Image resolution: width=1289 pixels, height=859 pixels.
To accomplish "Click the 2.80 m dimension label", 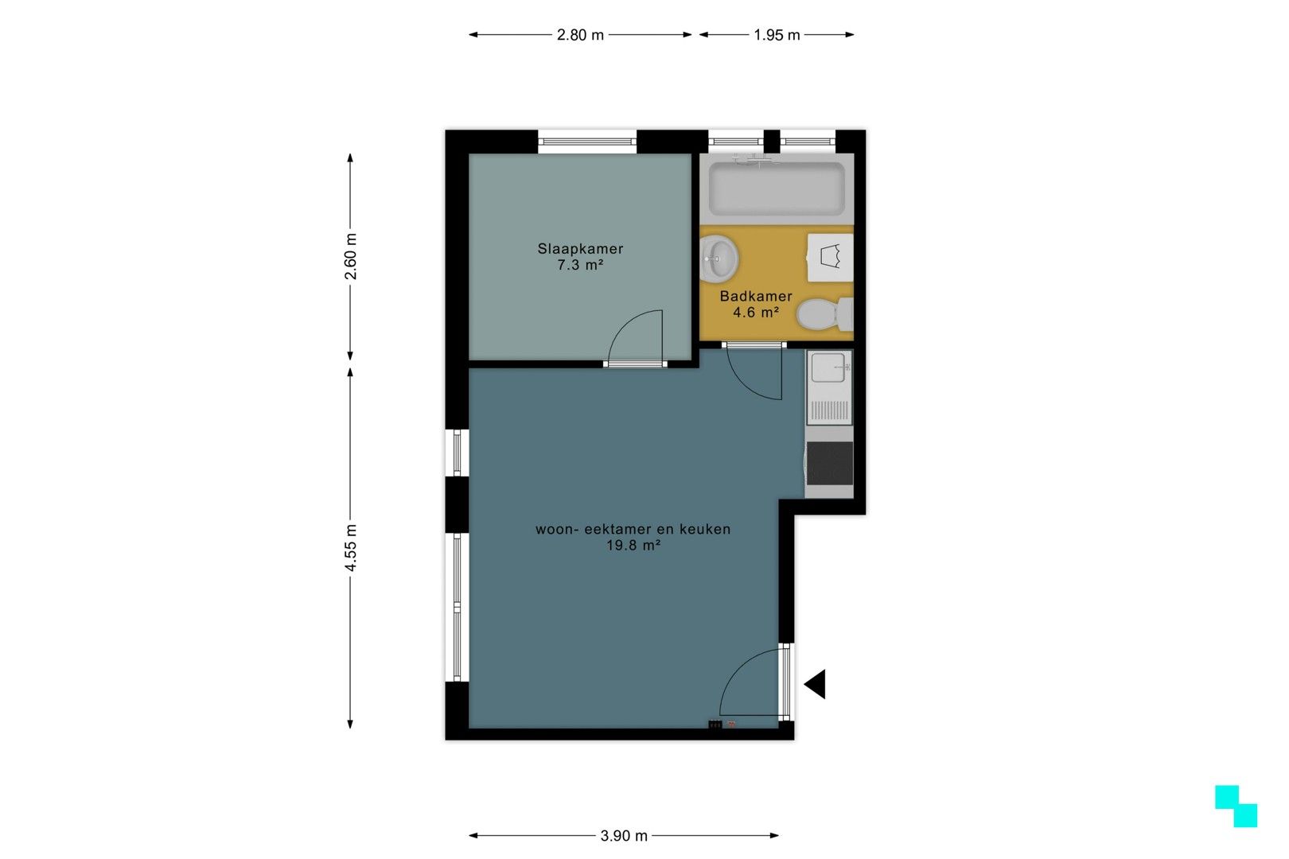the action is pos(580,35).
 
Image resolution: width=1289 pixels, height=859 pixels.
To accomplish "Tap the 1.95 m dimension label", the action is pos(777,35).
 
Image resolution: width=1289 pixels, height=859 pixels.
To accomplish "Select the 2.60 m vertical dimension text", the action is pos(350,257).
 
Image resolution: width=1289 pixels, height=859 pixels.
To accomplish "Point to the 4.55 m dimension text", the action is pos(350,548).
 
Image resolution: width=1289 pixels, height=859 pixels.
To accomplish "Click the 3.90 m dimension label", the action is pos(624,836).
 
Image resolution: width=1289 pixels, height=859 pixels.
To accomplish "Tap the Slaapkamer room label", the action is pos(580,248).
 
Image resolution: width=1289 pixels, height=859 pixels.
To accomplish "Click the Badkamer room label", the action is pos(756,297).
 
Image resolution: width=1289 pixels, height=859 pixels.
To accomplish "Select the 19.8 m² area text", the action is pos(633,546).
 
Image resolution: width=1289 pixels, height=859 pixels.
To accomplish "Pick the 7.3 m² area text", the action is pos(580,265).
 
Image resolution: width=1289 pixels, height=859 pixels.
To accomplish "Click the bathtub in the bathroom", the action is pos(777,189).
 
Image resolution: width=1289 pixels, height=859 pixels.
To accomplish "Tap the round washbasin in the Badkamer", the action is pos(719,258).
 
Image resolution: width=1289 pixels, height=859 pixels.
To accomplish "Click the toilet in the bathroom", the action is pos(824,314).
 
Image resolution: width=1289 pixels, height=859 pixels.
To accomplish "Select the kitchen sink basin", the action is pos(828,367).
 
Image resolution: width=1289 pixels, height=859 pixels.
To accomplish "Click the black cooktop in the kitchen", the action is pos(830,463).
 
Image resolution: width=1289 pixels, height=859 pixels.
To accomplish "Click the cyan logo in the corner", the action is pos(1236,806).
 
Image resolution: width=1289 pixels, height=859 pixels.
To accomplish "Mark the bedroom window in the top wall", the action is pos(587,142).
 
